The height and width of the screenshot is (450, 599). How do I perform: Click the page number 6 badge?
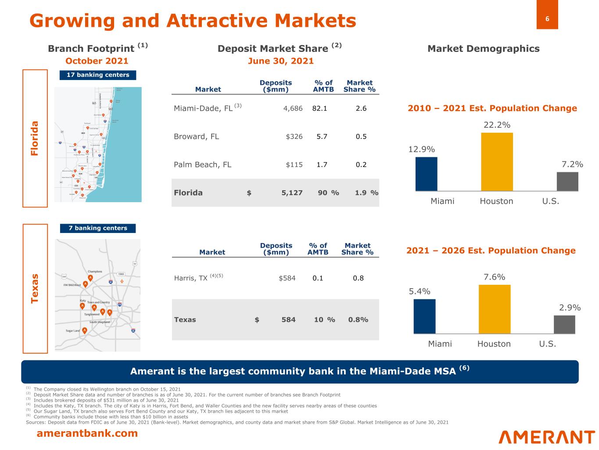pyautogui.click(x=547, y=19)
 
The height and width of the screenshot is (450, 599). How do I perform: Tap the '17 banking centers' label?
pyautogui.click(x=98, y=75)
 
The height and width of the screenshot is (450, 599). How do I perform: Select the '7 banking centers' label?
pyautogui.click(x=98, y=228)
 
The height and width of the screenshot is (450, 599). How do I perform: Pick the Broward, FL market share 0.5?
pyautogui.click(x=361, y=137)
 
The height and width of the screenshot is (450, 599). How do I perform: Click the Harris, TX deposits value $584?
pyautogui.click(x=287, y=278)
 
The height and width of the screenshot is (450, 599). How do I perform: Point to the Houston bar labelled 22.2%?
pyautogui.click(x=497, y=161)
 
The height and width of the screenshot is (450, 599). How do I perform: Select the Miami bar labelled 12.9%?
pyautogui.click(x=426, y=174)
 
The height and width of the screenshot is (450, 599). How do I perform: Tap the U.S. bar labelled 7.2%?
pyautogui.click(x=567, y=181)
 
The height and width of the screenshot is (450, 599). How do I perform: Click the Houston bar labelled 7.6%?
pyautogui.click(x=495, y=309)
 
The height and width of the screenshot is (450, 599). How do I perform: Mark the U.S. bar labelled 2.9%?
pyautogui.click(x=564, y=324)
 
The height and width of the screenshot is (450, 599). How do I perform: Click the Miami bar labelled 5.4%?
pyautogui.click(x=424, y=316)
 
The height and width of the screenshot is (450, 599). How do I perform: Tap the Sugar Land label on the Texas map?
pyautogui.click(x=73, y=330)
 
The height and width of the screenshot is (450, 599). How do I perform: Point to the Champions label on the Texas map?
pyautogui.click(x=95, y=272)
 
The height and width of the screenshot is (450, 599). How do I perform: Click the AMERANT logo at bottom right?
pyautogui.click(x=546, y=437)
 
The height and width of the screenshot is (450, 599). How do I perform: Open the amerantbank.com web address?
pyautogui.click(x=87, y=434)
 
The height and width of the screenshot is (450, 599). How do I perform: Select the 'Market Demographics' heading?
pyautogui.click(x=483, y=49)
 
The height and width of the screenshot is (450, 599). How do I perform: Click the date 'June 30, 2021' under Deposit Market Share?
pyautogui.click(x=281, y=61)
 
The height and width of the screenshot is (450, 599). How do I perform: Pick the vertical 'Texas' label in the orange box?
pyautogui.click(x=35, y=288)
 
